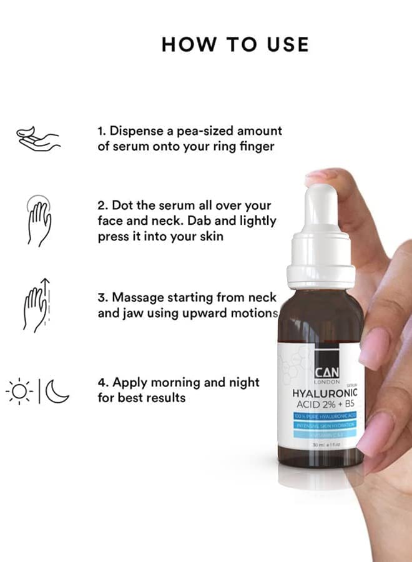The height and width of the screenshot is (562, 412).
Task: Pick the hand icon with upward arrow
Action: click(37, 303)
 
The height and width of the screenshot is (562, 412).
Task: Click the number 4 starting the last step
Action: click(101, 382)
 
